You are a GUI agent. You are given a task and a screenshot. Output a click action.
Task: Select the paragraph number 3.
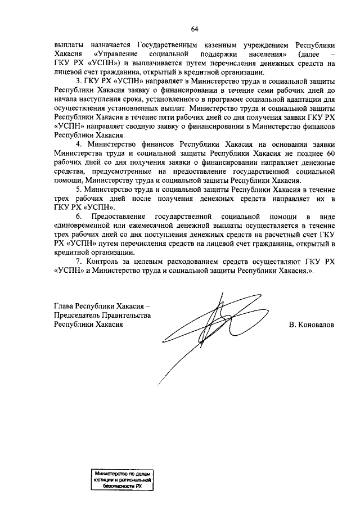point(79,82)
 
